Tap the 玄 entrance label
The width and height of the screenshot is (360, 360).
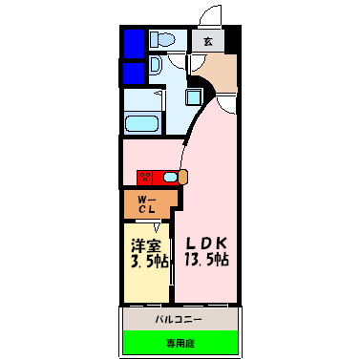click(x=208, y=41)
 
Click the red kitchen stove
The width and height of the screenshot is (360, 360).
click(x=147, y=177)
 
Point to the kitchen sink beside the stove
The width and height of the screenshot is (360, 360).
click(x=169, y=177)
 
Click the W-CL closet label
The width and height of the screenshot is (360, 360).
click(x=147, y=203)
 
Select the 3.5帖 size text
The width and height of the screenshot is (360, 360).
click(x=147, y=259)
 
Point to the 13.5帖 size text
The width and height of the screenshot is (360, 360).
click(x=206, y=259)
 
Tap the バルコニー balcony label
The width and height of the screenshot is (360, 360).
click(x=177, y=317)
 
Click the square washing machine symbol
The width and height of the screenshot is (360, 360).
click(x=193, y=96)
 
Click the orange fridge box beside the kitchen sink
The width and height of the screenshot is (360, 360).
click(x=183, y=177)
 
